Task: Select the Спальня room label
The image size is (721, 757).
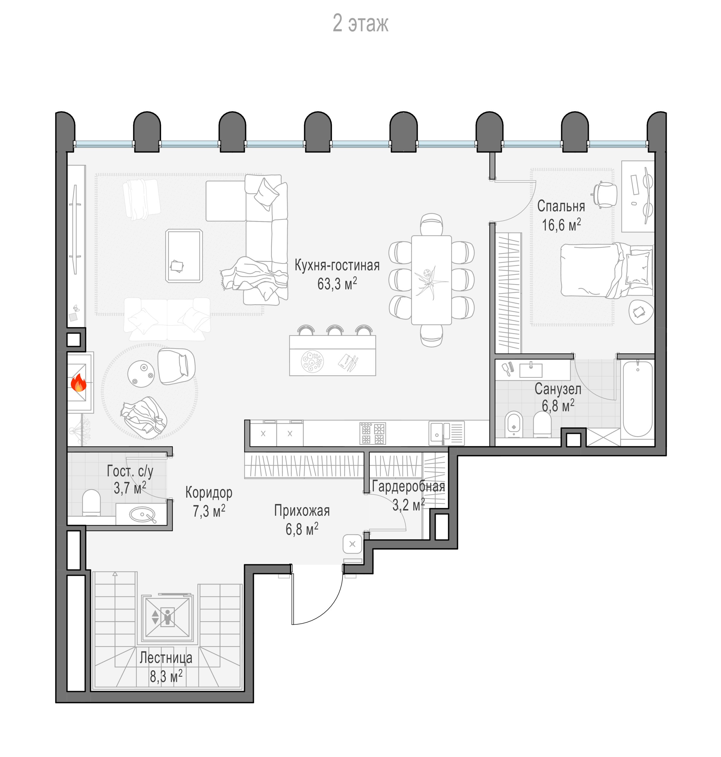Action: pyautogui.click(x=561, y=206)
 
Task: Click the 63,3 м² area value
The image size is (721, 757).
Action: pyautogui.click(x=337, y=284)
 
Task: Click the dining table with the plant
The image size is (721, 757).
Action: pyautogui.click(x=431, y=280)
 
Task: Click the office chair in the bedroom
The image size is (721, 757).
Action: pyautogui.click(x=605, y=194)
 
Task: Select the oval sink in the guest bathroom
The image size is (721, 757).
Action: pyautogui.click(x=142, y=514)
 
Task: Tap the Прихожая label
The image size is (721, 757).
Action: pyautogui.click(x=302, y=511)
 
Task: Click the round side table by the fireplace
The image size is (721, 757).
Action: pyautogui.click(x=141, y=373)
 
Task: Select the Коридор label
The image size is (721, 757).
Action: pyautogui.click(x=209, y=492)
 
